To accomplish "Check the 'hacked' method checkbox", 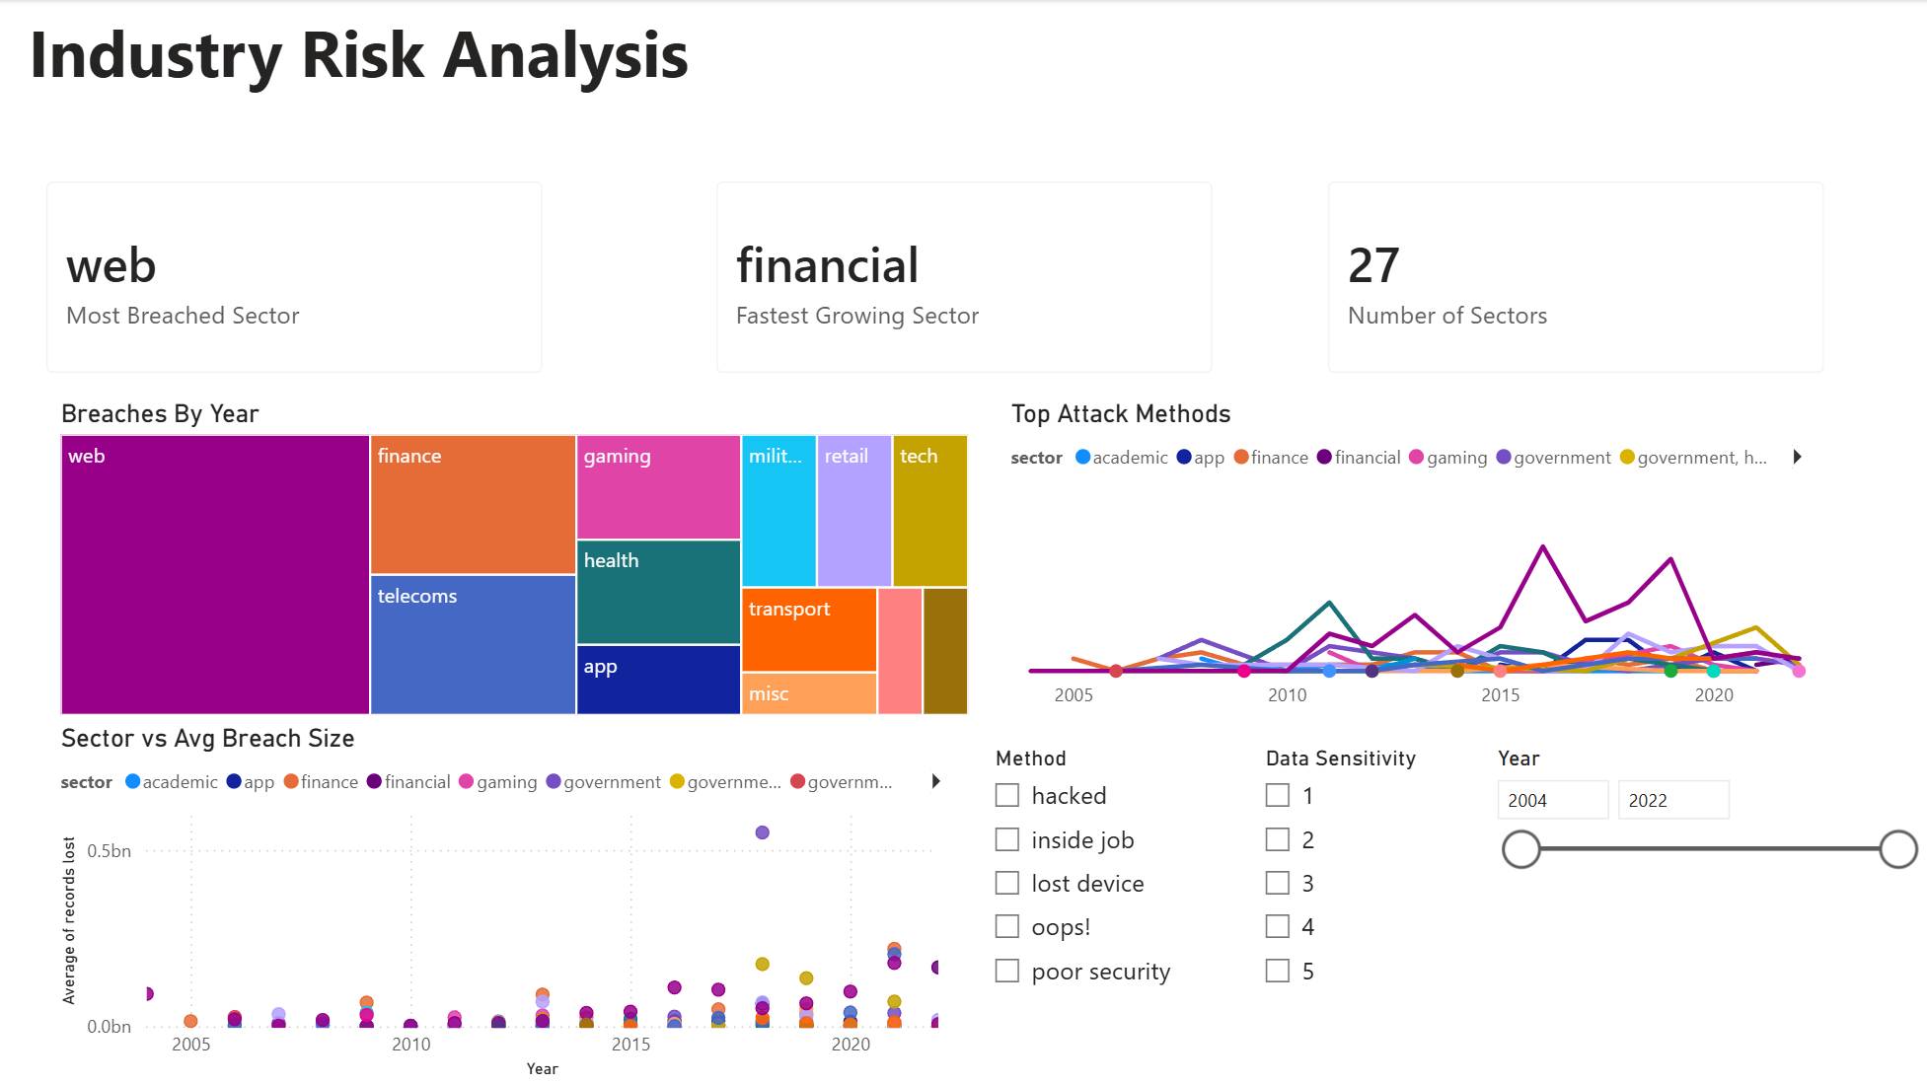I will click(1007, 795).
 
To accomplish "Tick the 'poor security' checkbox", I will click(1007, 971).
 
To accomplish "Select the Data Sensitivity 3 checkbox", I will click(1278, 883).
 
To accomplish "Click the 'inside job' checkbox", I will click(1007, 839).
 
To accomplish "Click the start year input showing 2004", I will click(1552, 800).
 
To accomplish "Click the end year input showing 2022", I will click(1672, 800).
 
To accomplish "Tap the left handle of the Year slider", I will click(1521, 849).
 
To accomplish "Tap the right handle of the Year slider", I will click(1898, 849).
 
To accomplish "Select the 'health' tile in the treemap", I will click(658, 592).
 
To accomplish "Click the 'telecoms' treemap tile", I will click(473, 644).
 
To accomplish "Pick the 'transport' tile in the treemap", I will click(809, 629).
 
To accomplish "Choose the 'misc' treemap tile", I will click(809, 693).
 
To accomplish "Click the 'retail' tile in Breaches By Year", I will click(854, 511).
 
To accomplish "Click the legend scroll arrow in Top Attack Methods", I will click(1798, 457).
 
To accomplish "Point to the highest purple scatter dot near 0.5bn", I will click(762, 832).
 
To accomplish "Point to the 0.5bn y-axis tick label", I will click(109, 851).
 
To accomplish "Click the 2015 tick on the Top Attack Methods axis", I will click(1500, 695).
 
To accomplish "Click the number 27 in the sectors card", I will click(1373, 265).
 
